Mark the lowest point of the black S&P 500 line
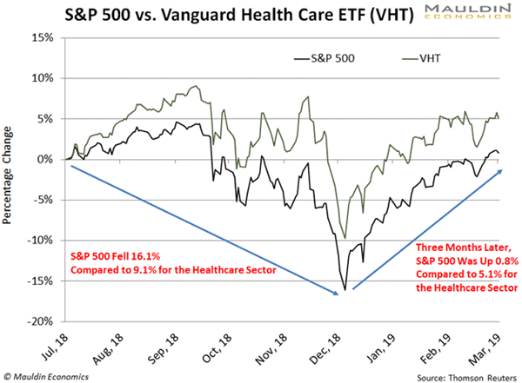coord(345,290)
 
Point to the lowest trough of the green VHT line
coord(345,238)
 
